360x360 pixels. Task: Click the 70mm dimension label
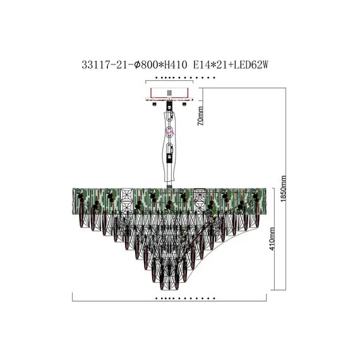[x=200, y=116]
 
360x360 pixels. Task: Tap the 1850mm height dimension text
[x=284, y=189]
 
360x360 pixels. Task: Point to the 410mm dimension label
[x=272, y=239]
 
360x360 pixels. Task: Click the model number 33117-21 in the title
[x=104, y=65]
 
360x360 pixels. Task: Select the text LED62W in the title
[x=251, y=65]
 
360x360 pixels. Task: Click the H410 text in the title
[x=176, y=65]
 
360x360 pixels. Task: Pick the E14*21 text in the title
[x=210, y=65]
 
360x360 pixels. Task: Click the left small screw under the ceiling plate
[x=154, y=104]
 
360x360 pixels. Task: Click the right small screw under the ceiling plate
[x=184, y=104]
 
